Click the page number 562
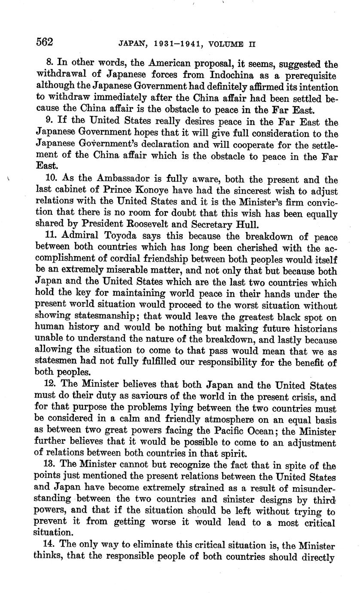click(x=45, y=42)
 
